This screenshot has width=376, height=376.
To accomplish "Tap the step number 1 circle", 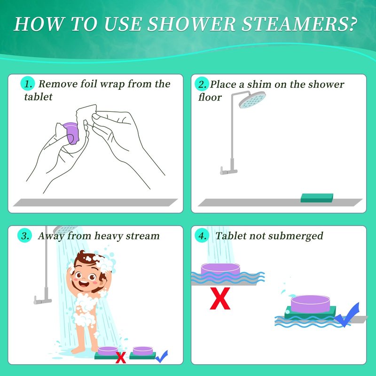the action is (28, 84).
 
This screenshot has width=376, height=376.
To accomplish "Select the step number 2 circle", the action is (202, 84).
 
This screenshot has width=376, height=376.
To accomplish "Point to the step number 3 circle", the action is (25, 236).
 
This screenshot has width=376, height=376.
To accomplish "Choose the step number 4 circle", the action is (202, 236).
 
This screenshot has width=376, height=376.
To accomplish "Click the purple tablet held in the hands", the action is (71, 133).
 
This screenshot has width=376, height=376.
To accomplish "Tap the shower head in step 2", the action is (252, 100).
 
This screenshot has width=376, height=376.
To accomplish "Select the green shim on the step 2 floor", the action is (317, 198).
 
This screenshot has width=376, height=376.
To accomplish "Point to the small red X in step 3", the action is (121, 358).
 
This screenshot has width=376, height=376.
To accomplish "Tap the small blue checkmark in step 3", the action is (161, 356).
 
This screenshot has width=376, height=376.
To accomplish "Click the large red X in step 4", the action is (220, 298).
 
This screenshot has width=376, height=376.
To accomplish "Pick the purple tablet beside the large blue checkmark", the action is (311, 304).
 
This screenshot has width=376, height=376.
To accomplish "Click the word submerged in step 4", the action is (296, 236).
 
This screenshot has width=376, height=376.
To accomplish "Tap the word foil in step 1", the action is (88, 84).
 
